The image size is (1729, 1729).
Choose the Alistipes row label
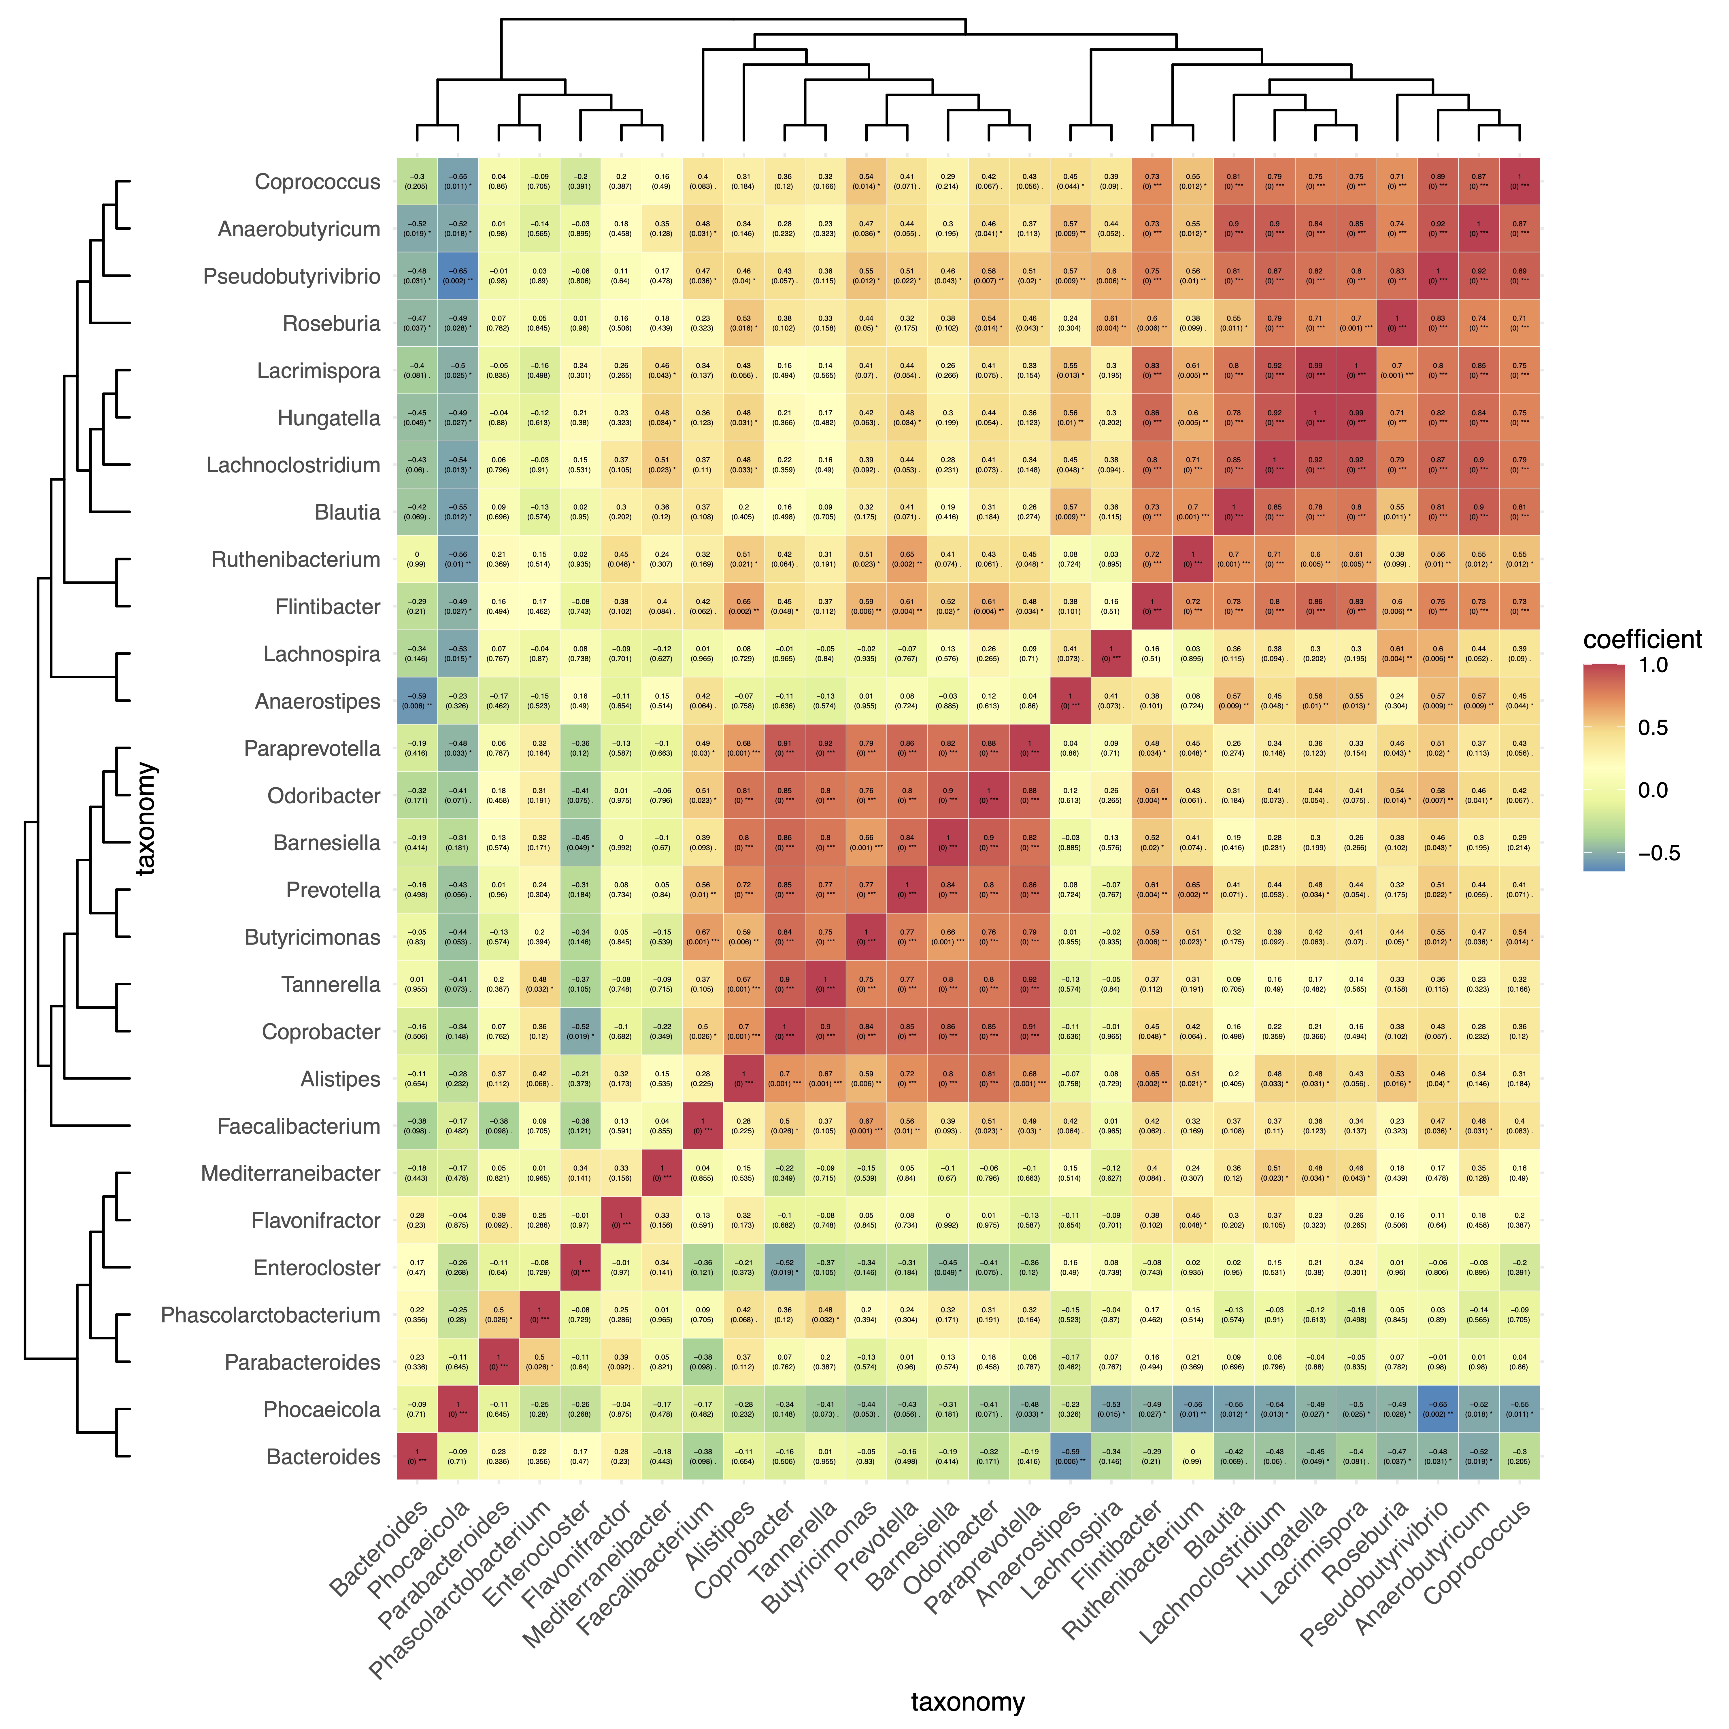tap(340, 1079)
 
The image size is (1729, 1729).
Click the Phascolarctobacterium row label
tap(270, 1315)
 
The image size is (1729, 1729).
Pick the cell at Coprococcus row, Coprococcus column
tap(1519, 182)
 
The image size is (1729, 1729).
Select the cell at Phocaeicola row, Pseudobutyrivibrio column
tap(1437, 1409)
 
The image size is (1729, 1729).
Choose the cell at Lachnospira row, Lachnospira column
tap(1111, 654)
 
